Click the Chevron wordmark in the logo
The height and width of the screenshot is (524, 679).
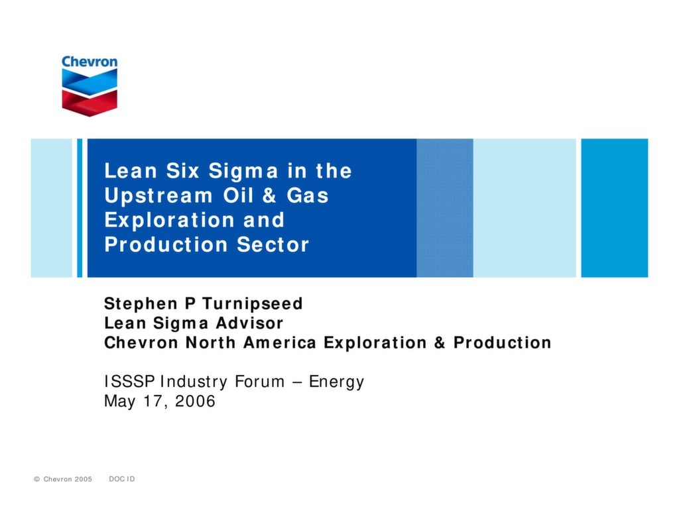[x=90, y=62]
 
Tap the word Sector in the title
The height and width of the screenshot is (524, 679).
[x=273, y=244]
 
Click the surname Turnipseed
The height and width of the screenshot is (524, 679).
[x=252, y=304]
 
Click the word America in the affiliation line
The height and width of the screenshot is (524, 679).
[x=281, y=342]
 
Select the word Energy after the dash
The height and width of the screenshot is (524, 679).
[x=336, y=382]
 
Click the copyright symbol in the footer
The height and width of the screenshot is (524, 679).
[x=37, y=479]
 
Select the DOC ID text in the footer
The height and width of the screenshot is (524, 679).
[x=121, y=479]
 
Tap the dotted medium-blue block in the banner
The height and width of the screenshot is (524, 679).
[x=444, y=208]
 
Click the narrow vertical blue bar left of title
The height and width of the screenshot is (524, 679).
[x=80, y=208]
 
